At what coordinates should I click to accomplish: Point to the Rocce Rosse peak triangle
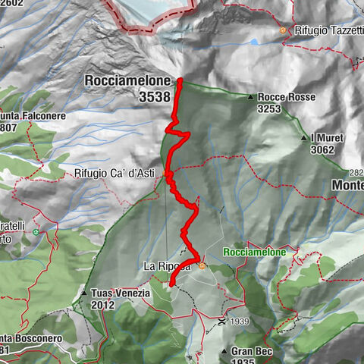(250, 97)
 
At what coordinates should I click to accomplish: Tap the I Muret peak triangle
(303, 138)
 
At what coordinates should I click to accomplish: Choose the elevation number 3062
(322, 149)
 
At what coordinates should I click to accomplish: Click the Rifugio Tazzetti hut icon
(283, 31)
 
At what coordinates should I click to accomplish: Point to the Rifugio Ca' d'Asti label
(115, 173)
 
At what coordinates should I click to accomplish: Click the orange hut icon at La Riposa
(202, 265)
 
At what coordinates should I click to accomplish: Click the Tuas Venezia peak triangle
(83, 293)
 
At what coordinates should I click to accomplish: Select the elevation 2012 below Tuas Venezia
(102, 305)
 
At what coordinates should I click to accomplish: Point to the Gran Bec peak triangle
(224, 351)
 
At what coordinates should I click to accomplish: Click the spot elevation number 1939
(241, 322)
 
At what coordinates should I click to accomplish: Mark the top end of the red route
(180, 80)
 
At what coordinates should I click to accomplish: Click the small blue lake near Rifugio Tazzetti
(256, 42)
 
